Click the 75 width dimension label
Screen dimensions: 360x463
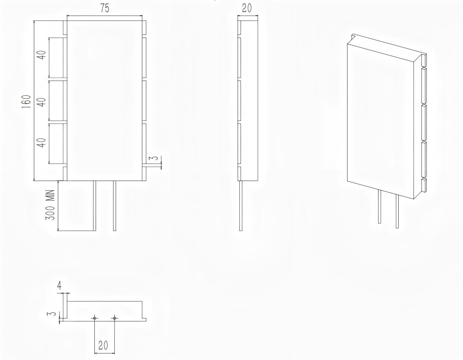(105, 9)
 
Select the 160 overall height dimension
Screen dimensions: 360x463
(27, 102)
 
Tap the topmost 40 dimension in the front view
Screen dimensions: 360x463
(42, 55)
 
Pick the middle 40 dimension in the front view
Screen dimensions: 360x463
(42, 102)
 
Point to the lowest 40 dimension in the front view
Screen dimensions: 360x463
(42, 142)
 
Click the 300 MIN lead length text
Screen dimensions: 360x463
(51, 205)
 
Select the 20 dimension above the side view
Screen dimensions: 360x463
(247, 8)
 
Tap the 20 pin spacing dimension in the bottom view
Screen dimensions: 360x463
(103, 346)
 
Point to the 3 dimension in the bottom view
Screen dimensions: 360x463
(51, 314)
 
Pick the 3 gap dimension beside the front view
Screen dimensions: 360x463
(155, 158)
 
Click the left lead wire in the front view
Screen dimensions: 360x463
(95, 205)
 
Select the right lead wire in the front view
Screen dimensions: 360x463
(115, 205)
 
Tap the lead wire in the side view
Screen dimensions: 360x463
(241, 205)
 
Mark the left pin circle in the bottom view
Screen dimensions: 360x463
(95, 318)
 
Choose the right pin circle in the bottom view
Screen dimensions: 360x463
(115, 318)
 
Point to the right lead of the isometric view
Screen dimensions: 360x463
(397, 211)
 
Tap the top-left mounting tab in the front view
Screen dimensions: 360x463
(65, 27)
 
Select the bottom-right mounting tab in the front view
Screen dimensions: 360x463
(144, 173)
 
